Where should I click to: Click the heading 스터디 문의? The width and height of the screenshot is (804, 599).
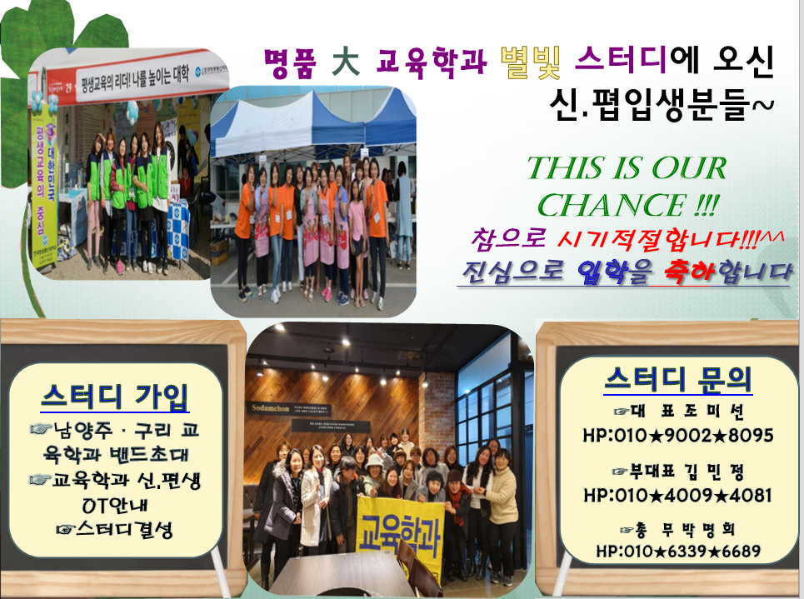tap(678, 380)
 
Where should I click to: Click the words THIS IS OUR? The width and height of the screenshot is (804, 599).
tap(627, 169)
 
